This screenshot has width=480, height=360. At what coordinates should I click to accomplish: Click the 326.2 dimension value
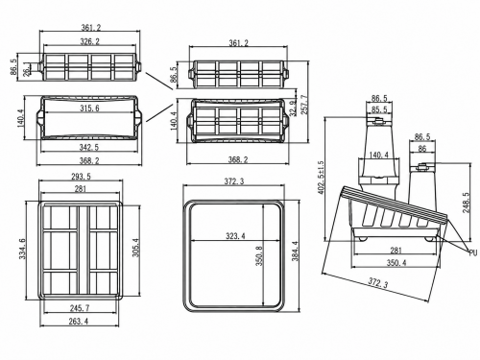point(89,41)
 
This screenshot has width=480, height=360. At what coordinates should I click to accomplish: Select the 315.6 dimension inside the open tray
point(89,108)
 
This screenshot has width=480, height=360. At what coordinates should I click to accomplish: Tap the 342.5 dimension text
point(89,147)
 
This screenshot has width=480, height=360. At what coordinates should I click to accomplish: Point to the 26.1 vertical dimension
point(27,69)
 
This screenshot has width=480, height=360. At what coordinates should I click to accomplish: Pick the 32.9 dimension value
point(291,108)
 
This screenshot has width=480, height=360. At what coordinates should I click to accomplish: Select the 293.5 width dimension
point(82,177)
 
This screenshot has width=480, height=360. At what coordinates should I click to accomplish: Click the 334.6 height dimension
point(23,249)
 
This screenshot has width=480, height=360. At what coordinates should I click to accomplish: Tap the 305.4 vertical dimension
point(136,248)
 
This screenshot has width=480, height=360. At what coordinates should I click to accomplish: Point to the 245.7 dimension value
point(80,308)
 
